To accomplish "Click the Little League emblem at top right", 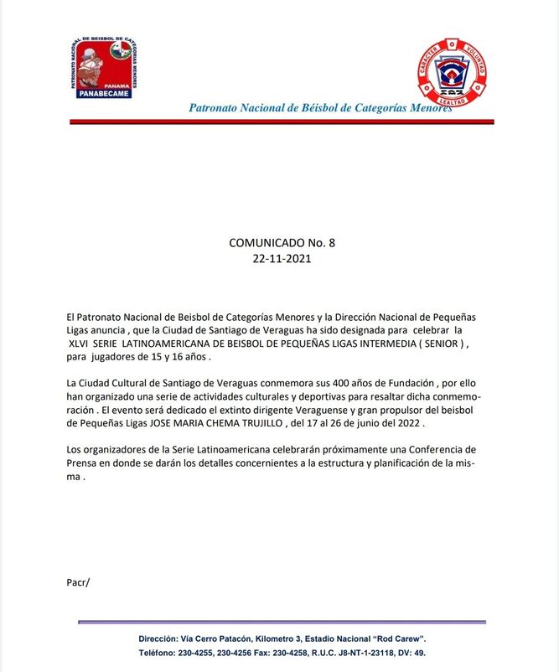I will pyautogui.click(x=452, y=72).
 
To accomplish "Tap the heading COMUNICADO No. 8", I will pyautogui.click(x=282, y=243).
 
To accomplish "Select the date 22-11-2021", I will pyautogui.click(x=282, y=259).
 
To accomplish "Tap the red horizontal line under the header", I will pyautogui.click(x=282, y=122).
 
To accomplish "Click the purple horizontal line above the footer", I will pyautogui.click(x=282, y=623).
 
